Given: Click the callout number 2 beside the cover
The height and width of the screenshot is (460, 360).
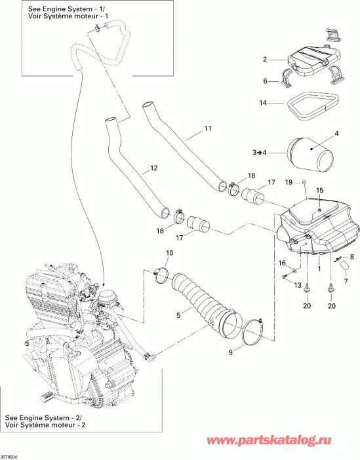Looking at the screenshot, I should click(265, 60).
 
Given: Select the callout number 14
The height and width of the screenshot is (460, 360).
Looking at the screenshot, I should click(262, 103).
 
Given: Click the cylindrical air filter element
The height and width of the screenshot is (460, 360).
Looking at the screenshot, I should click(310, 155).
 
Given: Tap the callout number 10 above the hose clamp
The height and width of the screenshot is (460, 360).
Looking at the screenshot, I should click(170, 253).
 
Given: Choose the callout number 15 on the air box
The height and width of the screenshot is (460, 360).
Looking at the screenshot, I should click(320, 190).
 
